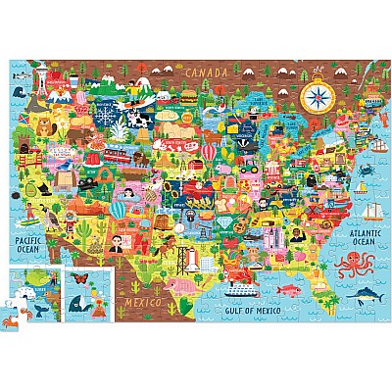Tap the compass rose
316,96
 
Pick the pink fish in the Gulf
284,290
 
